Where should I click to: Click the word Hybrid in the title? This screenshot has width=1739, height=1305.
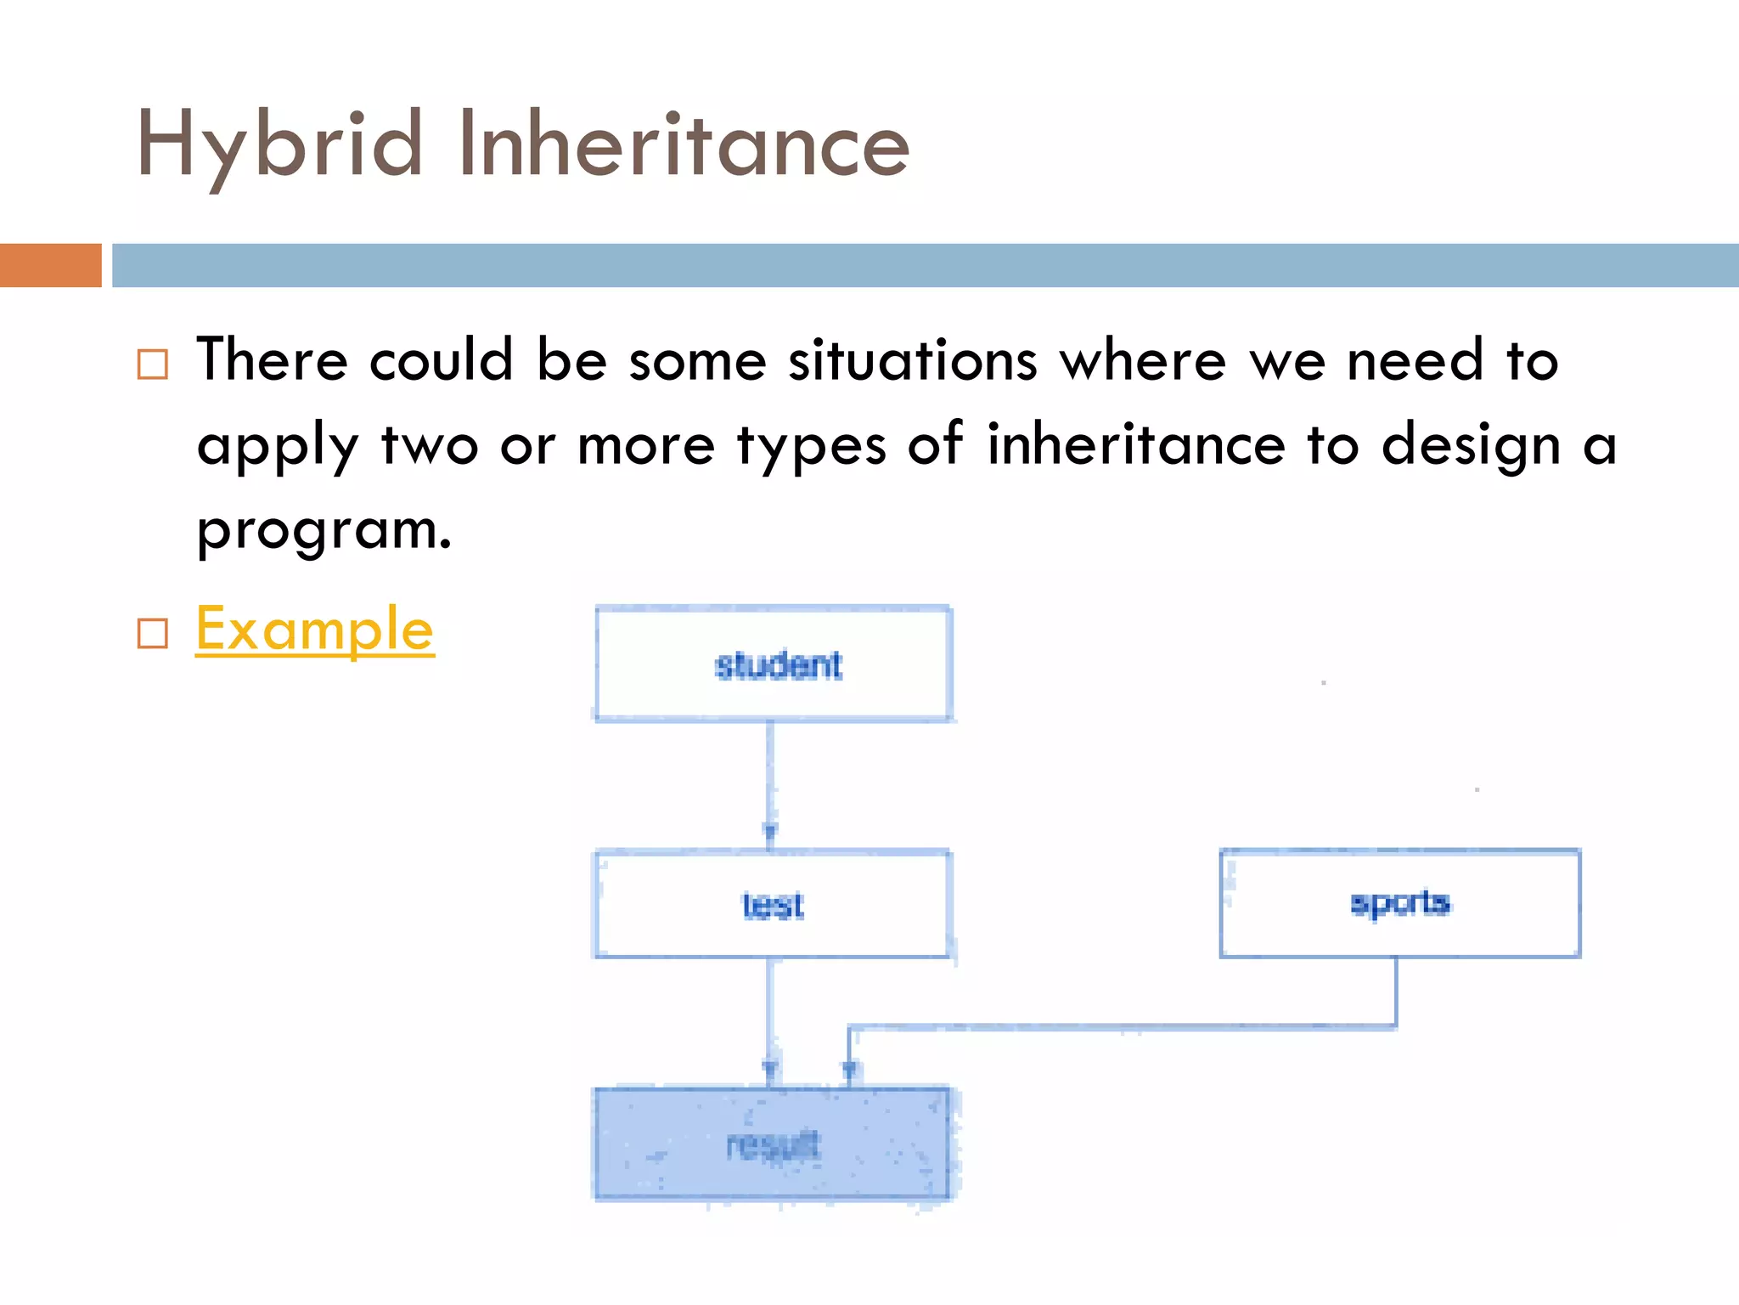279,146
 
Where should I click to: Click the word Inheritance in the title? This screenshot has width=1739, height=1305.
684,146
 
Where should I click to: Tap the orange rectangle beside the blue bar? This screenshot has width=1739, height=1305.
50,265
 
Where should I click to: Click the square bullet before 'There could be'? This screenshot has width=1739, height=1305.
153,364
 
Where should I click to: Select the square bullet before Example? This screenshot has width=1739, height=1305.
153,633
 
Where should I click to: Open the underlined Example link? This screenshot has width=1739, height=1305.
314,630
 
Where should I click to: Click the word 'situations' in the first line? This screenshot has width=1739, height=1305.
913,360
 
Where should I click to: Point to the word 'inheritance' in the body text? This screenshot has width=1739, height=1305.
1135,445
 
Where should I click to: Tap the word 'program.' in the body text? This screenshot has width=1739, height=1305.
324,530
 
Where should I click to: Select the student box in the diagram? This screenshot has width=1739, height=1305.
774,664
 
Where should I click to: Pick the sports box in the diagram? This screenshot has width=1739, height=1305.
1399,903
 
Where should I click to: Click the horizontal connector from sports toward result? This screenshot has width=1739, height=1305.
1121,1028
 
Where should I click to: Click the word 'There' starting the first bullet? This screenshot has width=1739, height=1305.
272,360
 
